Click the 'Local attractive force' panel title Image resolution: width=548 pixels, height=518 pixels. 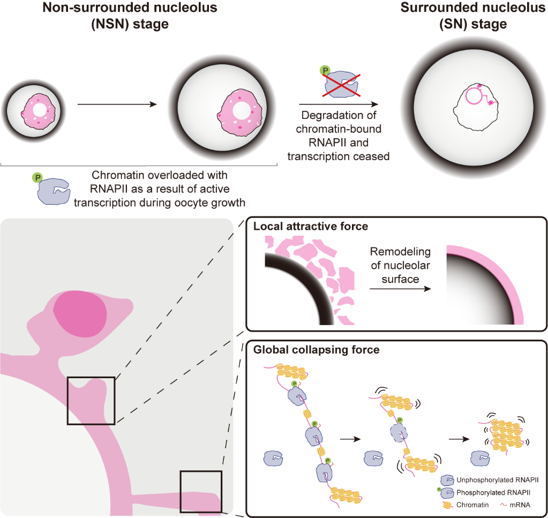[311, 226]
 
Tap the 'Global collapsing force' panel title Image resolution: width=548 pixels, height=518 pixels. [317, 350]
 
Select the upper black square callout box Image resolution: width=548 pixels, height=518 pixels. [91, 400]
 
